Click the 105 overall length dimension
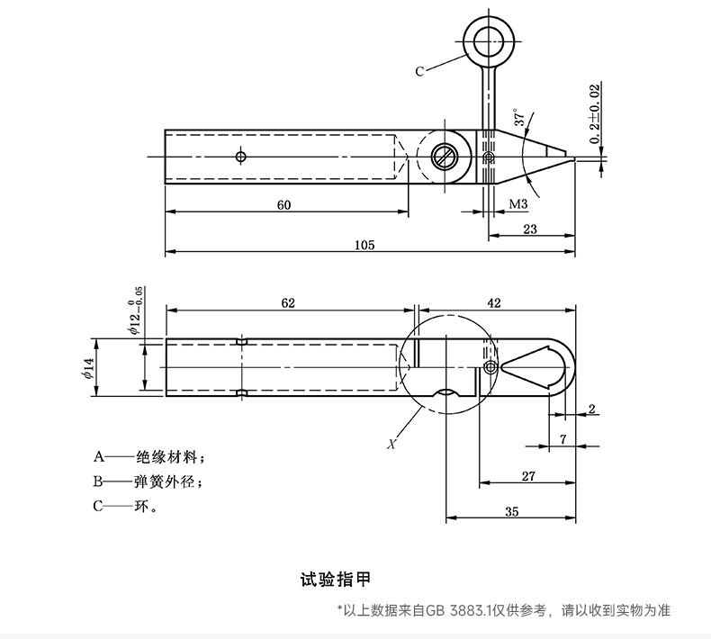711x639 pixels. pyautogui.click(x=364, y=246)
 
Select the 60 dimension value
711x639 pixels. pyautogui.click(x=283, y=205)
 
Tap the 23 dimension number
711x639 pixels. pyautogui.click(x=530, y=229)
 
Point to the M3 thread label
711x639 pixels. pyautogui.click(x=518, y=204)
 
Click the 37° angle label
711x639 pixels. pyautogui.click(x=520, y=117)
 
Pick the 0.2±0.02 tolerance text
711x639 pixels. pyautogui.click(x=595, y=113)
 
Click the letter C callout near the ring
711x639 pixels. pyautogui.click(x=419, y=71)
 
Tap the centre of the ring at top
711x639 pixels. pyautogui.click(x=489, y=41)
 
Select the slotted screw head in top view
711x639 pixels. pyautogui.click(x=443, y=157)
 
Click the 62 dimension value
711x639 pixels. pyautogui.click(x=288, y=303)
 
